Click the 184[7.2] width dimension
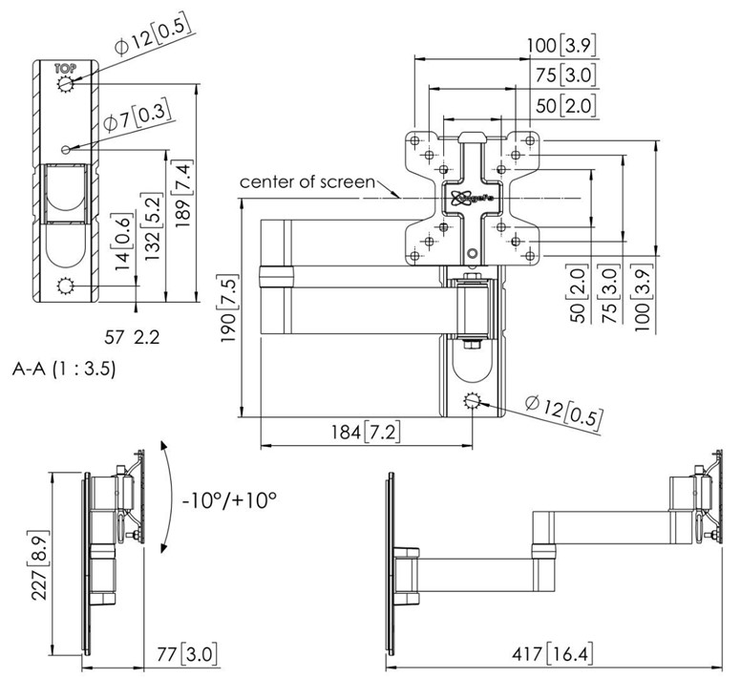[x=366, y=432]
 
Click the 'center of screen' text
[x=307, y=180]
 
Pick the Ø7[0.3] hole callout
[x=134, y=117]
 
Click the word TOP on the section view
[x=65, y=68]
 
